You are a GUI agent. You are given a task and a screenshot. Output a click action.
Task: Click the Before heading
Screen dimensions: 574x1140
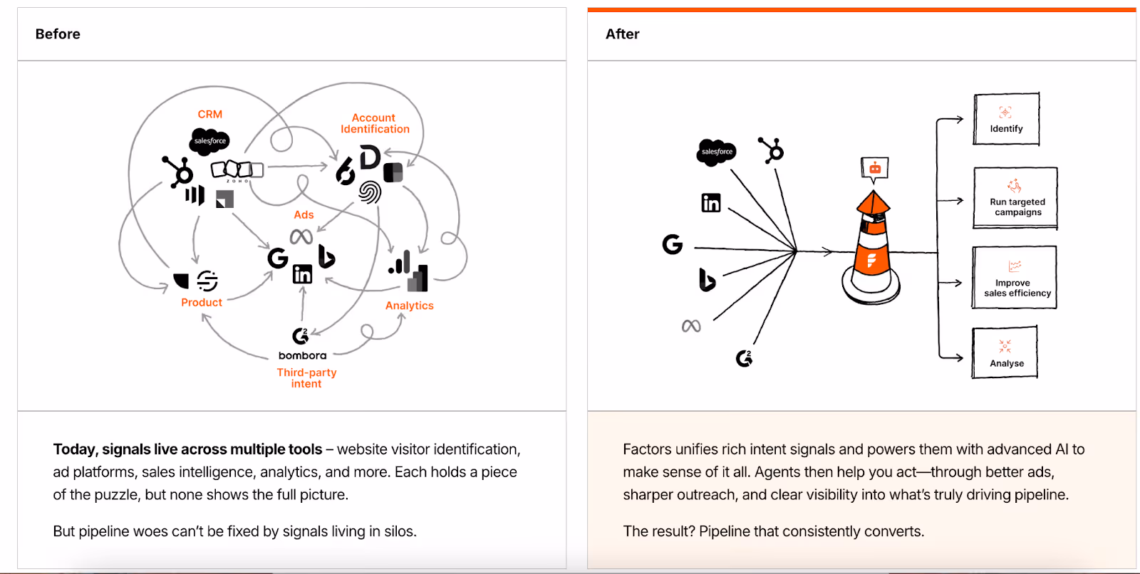(58, 34)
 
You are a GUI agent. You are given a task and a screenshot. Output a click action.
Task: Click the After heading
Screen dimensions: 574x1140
(622, 34)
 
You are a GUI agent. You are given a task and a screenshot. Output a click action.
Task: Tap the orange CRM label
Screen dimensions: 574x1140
(210, 114)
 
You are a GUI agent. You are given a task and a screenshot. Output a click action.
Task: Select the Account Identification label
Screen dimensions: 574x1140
(375, 123)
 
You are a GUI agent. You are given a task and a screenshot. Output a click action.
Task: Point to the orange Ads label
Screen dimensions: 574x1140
(304, 214)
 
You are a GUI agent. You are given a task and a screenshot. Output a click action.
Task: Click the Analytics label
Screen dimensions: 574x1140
(409, 306)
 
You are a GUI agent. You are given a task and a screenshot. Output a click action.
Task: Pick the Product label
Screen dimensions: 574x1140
(202, 302)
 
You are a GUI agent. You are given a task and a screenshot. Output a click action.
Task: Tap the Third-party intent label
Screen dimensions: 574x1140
(306, 377)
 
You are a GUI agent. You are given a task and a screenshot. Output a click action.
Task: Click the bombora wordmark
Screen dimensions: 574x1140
(302, 355)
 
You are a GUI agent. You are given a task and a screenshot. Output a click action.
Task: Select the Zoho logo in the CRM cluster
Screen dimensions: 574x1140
(237, 170)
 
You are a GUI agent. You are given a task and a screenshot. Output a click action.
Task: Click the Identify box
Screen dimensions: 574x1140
(1006, 119)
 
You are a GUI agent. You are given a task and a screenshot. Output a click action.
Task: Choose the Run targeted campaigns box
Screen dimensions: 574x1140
(1015, 198)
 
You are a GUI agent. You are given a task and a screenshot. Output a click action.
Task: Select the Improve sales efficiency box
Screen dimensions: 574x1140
(1015, 278)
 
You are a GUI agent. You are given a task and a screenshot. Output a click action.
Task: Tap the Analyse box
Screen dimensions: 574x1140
(1005, 353)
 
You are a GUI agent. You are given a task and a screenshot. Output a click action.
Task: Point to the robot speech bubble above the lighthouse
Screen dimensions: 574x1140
(875, 168)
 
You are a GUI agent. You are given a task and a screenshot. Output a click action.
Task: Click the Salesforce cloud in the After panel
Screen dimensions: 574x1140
(716, 152)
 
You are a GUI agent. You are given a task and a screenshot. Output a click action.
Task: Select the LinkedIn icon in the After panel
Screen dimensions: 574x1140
(711, 203)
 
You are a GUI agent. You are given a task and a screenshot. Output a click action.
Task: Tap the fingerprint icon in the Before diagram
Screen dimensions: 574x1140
(370, 192)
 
